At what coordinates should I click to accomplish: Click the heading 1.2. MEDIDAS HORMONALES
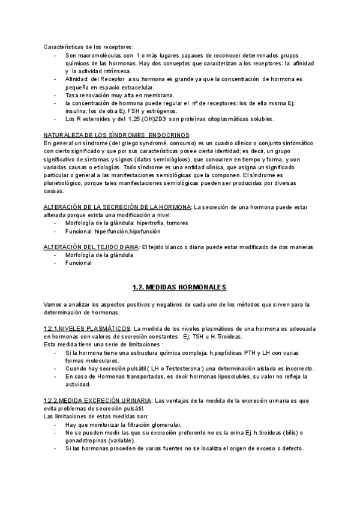(x=179, y=287)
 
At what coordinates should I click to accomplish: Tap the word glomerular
(x=164, y=424)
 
